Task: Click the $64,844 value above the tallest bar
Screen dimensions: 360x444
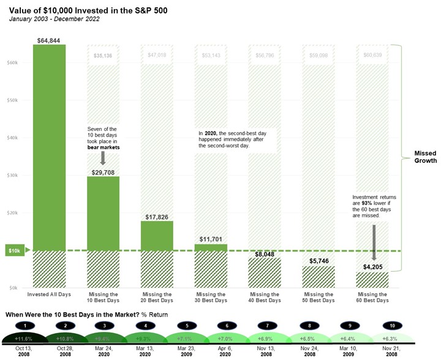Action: (49, 40)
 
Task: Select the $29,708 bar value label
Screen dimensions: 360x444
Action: (103, 172)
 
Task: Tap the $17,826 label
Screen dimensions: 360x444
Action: (156, 217)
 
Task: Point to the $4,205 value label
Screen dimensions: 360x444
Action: (373, 267)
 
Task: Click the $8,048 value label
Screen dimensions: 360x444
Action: (265, 253)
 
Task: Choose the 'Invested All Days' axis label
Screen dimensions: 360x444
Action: (49, 294)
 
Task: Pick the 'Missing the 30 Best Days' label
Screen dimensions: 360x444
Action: (211, 298)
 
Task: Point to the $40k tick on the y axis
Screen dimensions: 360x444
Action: (12, 138)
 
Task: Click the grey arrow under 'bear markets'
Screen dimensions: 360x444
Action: (103, 158)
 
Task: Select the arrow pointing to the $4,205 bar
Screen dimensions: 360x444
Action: (373, 242)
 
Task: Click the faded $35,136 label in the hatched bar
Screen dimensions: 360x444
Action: (103, 56)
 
